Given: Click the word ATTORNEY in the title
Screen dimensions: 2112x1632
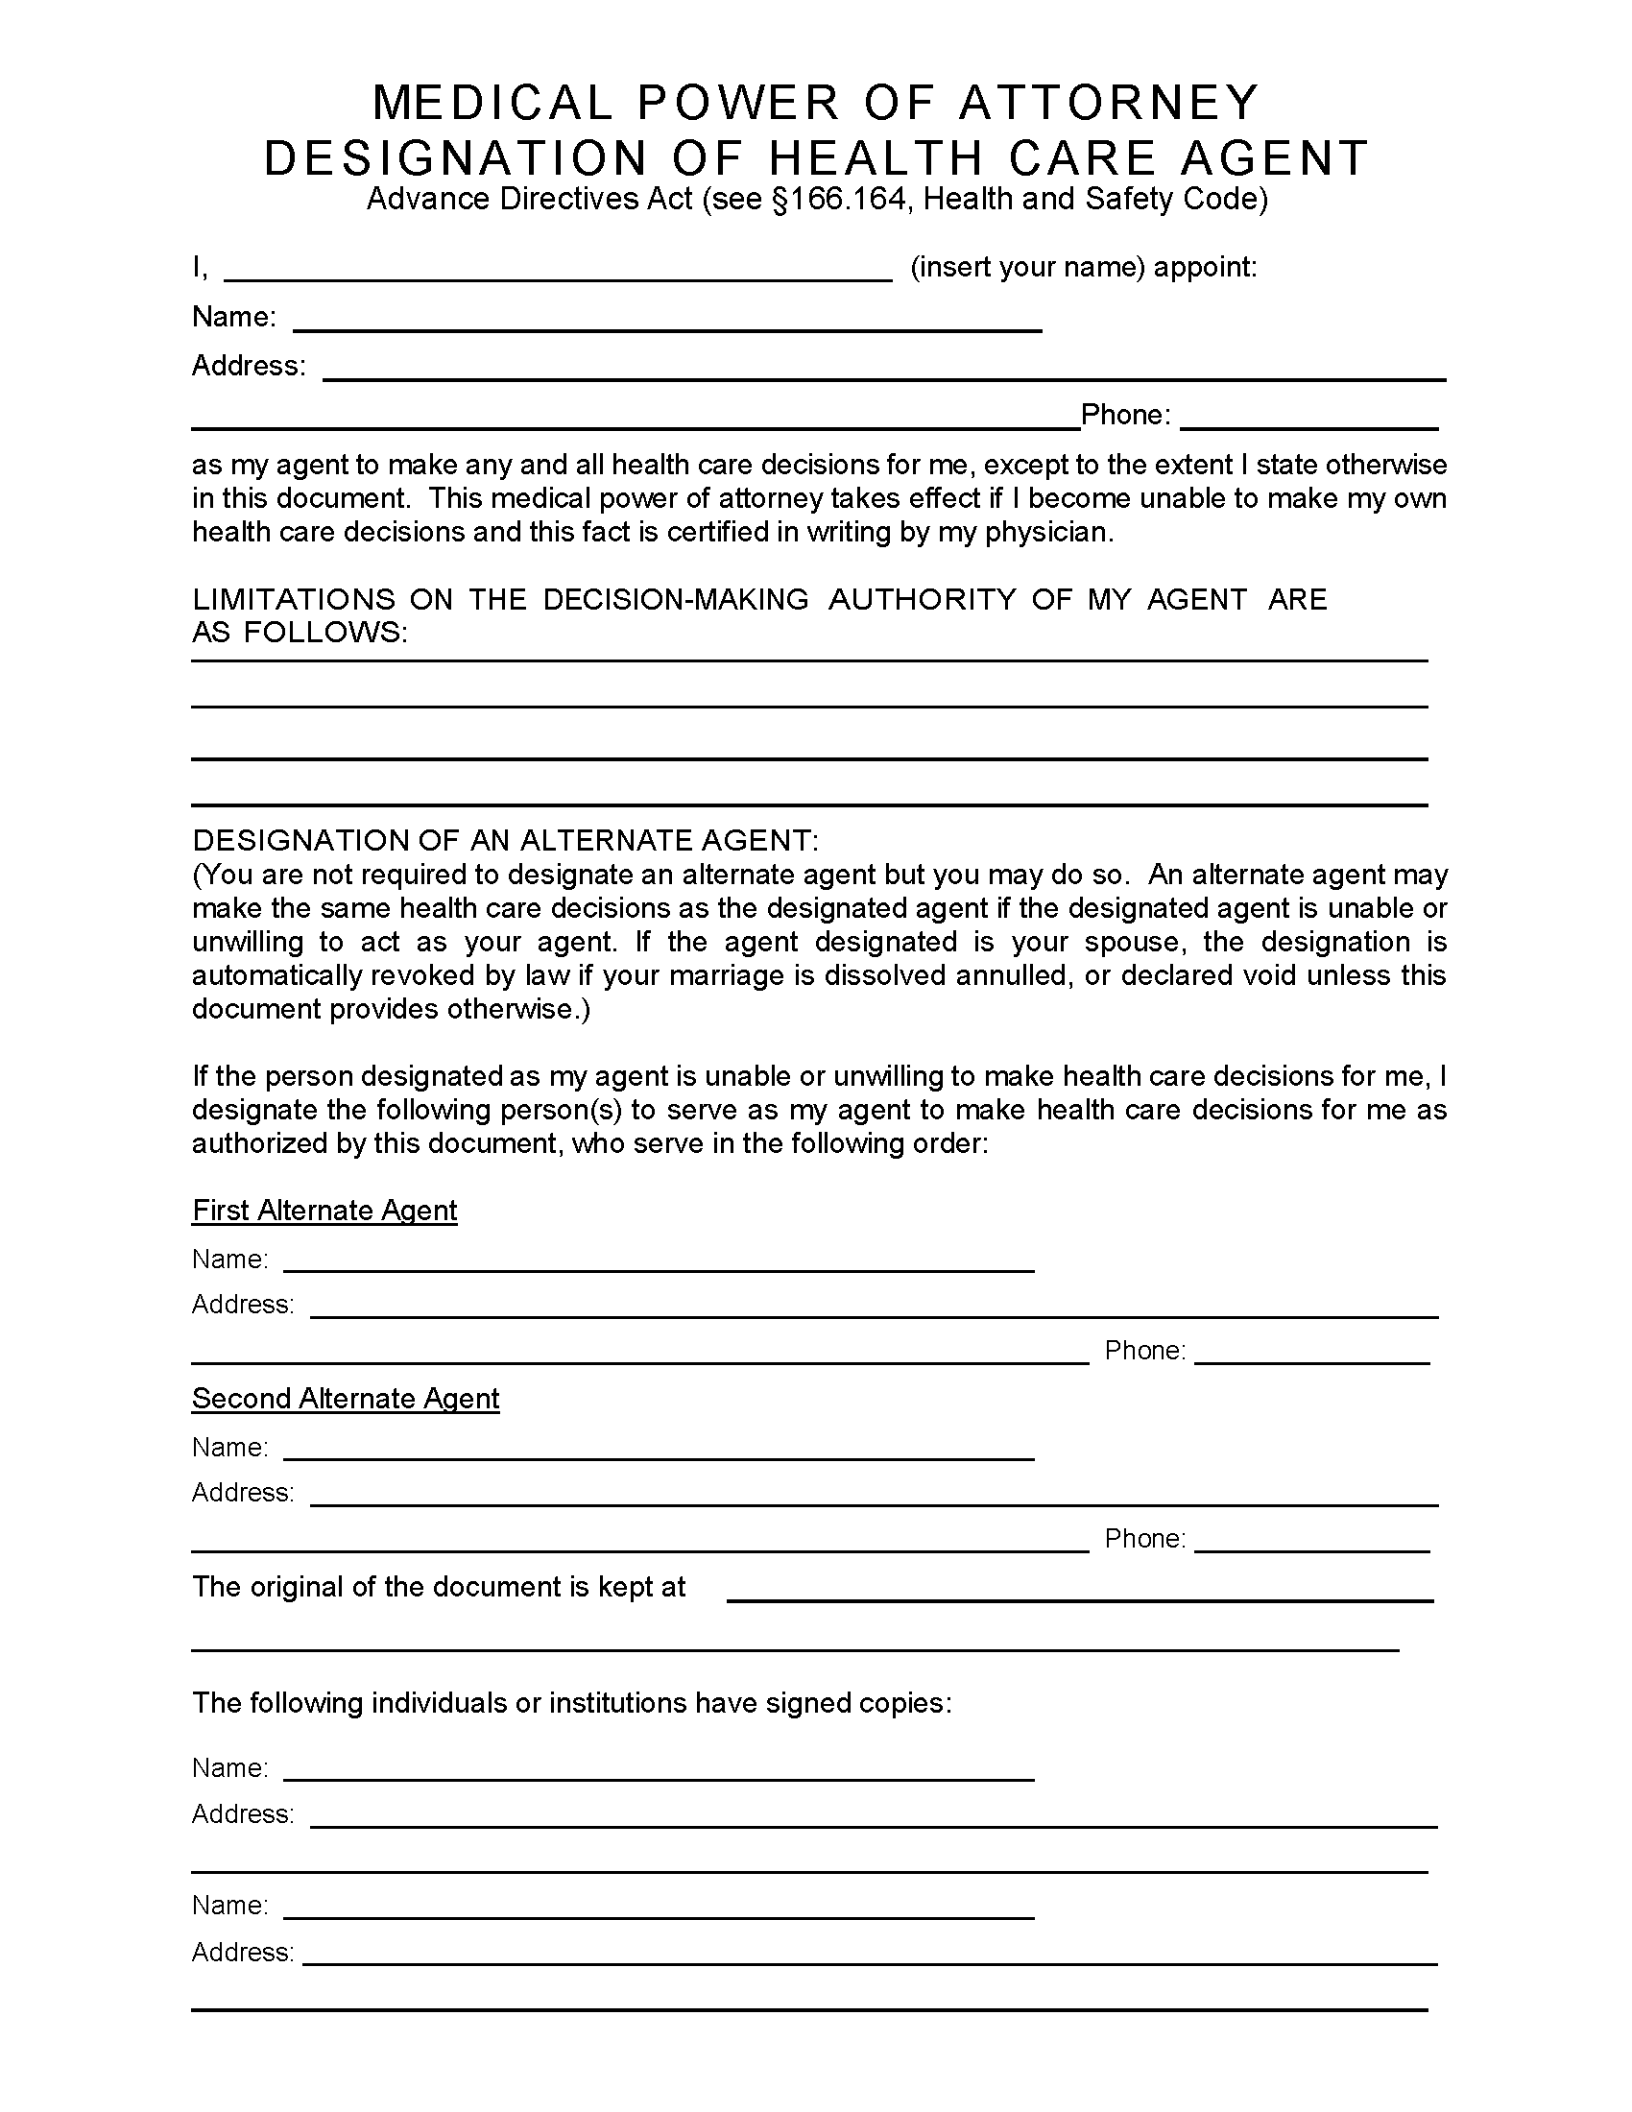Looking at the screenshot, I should (x=1109, y=103).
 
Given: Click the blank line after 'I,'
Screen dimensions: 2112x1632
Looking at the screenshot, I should (x=558, y=271).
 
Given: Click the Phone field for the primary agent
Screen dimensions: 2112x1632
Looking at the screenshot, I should (x=1309, y=420).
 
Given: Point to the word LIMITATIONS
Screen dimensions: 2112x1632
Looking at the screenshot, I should (x=294, y=600).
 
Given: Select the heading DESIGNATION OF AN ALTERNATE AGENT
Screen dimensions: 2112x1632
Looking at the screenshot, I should (x=505, y=840).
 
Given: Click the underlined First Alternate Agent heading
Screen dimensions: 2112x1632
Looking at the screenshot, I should (x=324, y=1211).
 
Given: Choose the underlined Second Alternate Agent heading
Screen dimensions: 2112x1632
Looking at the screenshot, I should (x=346, y=1399).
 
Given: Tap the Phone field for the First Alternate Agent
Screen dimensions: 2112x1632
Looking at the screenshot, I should (x=1312, y=1354).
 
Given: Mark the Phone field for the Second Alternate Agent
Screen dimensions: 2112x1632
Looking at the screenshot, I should (x=1312, y=1542).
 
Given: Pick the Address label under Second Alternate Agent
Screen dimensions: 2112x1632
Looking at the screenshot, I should (x=243, y=1492).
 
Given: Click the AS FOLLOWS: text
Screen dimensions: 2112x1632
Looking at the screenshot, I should (x=300, y=633).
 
